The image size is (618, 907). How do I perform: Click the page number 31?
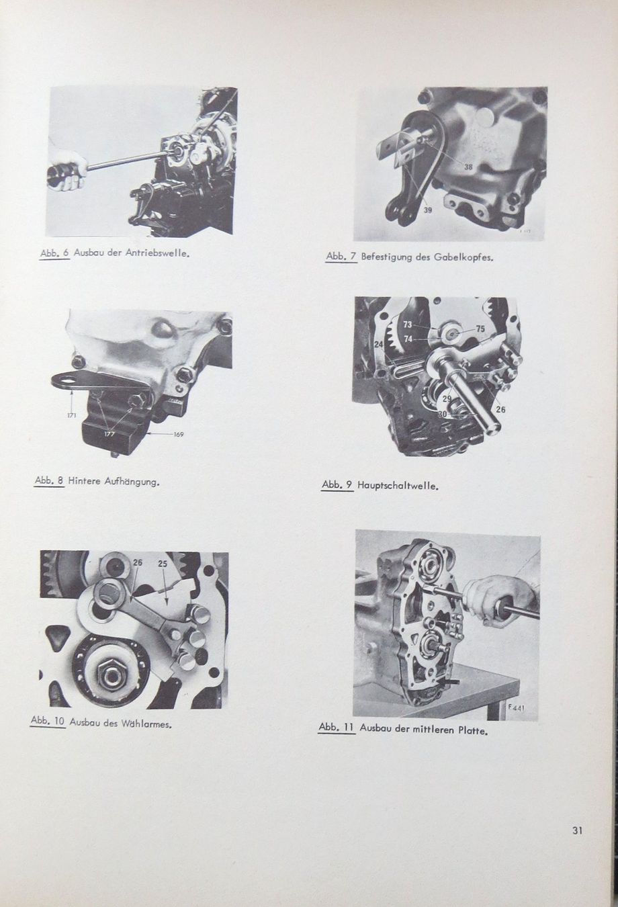tap(577, 830)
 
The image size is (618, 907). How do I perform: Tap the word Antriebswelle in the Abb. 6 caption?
tap(158, 255)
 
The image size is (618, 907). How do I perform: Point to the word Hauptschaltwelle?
tap(398, 485)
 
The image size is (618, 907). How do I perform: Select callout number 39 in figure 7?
tap(428, 210)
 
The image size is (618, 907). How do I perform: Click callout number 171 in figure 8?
tap(72, 415)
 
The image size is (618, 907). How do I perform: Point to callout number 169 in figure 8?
tap(178, 434)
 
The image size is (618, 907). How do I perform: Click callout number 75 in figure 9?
tap(480, 329)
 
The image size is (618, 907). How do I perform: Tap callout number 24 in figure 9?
tap(379, 345)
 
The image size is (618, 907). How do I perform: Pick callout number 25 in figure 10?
tap(163, 564)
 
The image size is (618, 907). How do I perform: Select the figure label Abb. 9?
tap(337, 484)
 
